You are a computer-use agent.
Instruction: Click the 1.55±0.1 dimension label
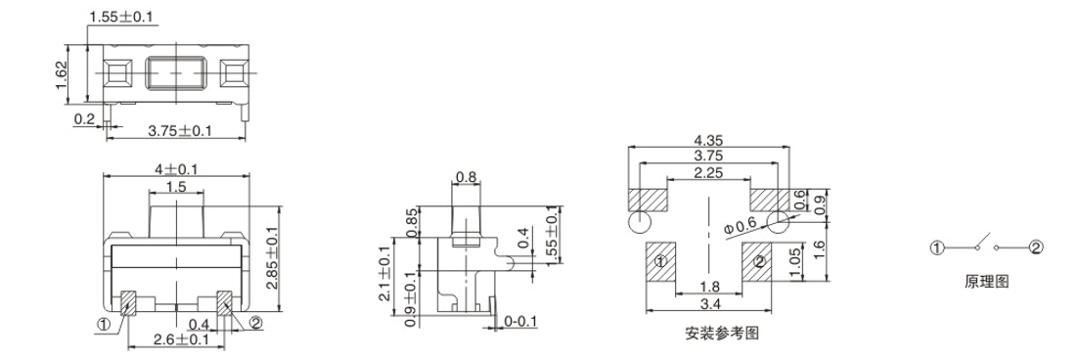click(x=122, y=16)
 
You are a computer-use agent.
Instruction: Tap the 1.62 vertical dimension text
click(x=60, y=75)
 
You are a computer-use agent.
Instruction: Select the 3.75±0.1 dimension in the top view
click(x=180, y=130)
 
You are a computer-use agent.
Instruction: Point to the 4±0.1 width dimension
click(x=176, y=168)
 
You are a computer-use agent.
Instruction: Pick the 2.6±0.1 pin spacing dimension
click(x=181, y=338)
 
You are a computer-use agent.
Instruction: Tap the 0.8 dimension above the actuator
click(x=467, y=178)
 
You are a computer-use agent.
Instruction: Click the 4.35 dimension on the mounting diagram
click(x=708, y=141)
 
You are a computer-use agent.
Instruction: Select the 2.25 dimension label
click(x=708, y=173)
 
